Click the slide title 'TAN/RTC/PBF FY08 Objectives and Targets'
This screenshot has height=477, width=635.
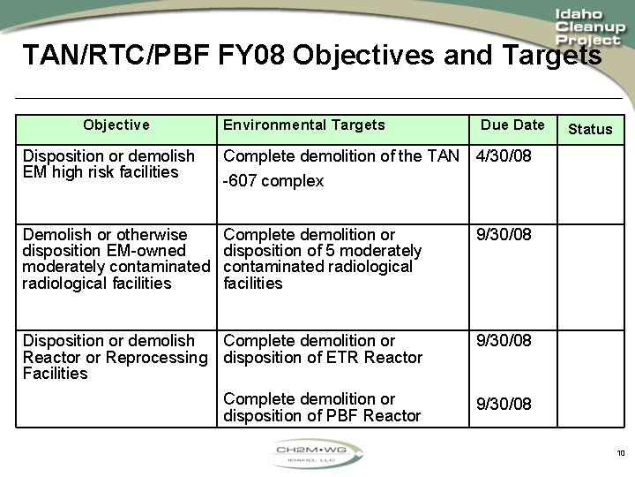312,56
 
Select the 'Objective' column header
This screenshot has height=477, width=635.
116,125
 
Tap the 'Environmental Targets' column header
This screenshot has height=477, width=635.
303,125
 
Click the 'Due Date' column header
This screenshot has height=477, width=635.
512,125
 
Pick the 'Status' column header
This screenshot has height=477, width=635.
590,129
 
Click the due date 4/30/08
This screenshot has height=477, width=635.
504,156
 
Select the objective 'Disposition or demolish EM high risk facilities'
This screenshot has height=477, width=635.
108,164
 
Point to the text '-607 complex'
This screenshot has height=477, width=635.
273,181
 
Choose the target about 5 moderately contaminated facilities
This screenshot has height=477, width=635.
322,259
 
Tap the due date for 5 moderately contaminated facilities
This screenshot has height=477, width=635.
504,235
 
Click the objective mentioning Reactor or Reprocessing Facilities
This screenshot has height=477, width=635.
115,357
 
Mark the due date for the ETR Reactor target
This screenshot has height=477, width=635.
504,341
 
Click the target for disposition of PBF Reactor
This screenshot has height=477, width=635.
321,407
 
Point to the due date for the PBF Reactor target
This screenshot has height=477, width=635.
504,404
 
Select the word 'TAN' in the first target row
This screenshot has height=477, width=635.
442,156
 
